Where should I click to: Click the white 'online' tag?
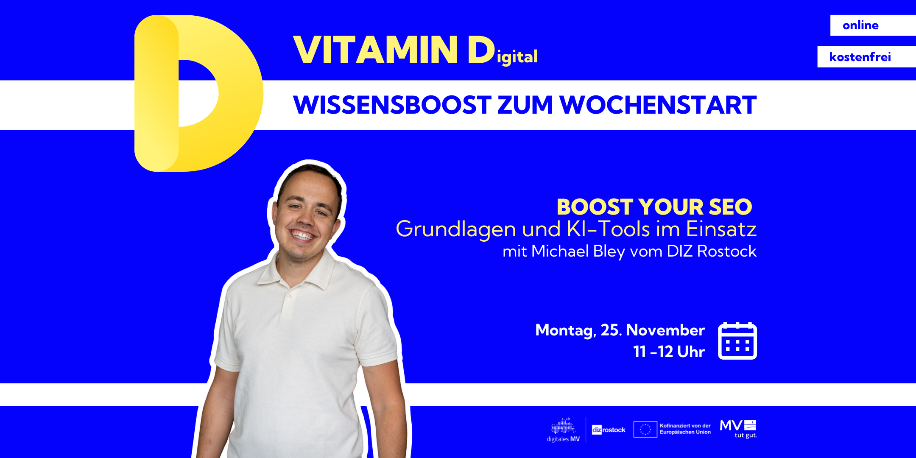873,25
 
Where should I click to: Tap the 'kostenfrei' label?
866,57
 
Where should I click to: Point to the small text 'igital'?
517,57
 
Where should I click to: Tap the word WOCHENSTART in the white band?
658,105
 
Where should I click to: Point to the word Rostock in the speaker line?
727,251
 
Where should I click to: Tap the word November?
665,330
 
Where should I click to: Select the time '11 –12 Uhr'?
669,352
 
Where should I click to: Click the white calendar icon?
737,341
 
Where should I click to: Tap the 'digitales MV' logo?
563,430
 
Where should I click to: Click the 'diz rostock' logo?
609,430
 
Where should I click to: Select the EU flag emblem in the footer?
645,429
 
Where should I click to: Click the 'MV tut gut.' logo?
738,429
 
